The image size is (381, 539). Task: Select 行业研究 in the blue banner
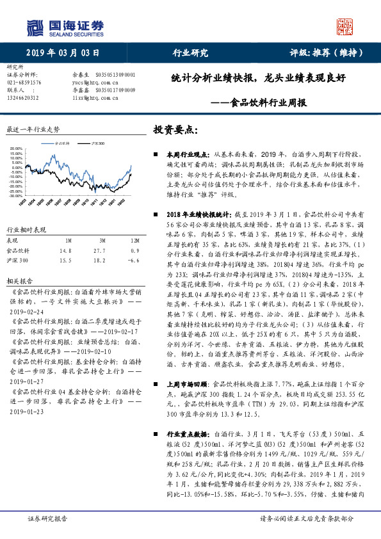click(191, 52)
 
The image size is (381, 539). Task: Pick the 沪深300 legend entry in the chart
click(100, 144)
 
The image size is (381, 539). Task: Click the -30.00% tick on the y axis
click(15, 196)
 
